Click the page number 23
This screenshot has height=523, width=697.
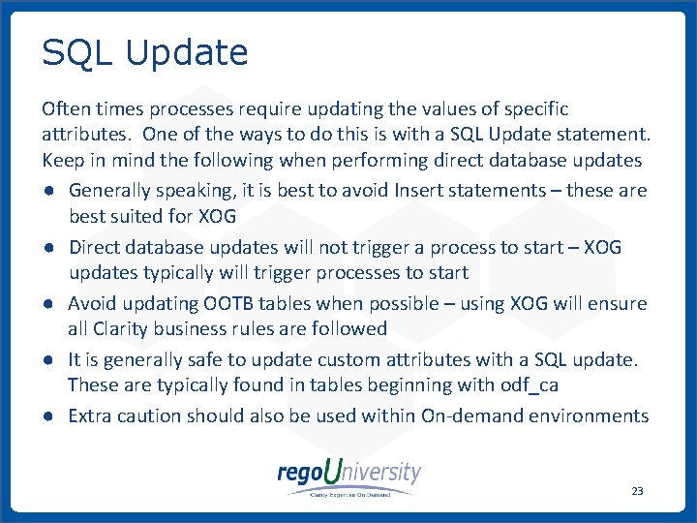(x=636, y=491)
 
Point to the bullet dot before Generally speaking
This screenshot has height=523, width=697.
(x=47, y=191)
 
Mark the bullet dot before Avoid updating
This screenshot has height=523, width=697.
(x=47, y=303)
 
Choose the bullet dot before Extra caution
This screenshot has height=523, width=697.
(x=47, y=415)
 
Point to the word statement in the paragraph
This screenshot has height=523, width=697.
(x=597, y=134)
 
